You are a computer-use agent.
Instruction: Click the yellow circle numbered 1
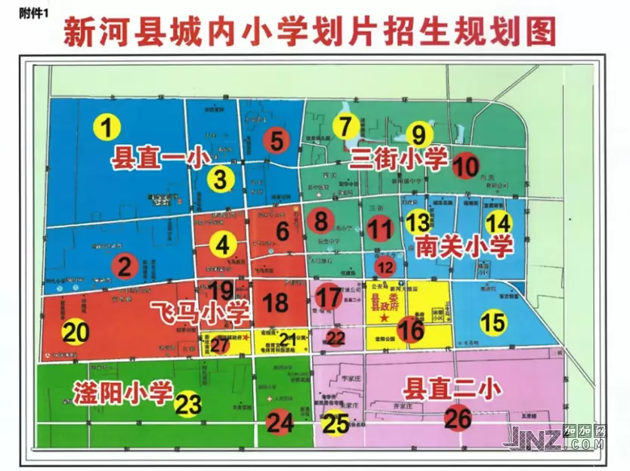pyautogui.click(x=107, y=127)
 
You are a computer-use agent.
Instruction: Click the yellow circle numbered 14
pyautogui.click(x=499, y=223)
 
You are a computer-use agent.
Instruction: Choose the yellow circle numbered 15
pyautogui.click(x=493, y=322)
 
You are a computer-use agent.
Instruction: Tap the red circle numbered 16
pyautogui.click(x=411, y=330)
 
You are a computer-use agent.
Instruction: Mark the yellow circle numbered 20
pyautogui.click(x=76, y=332)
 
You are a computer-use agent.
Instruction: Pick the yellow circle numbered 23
pyautogui.click(x=188, y=404)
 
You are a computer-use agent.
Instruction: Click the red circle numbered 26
pyautogui.click(x=458, y=417)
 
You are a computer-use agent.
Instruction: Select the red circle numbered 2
pyautogui.click(x=125, y=266)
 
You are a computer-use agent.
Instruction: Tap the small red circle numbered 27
pyautogui.click(x=220, y=345)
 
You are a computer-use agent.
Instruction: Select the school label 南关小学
pyautogui.click(x=464, y=245)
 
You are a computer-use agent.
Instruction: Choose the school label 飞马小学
pyautogui.click(x=200, y=310)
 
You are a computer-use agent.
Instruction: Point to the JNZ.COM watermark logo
pyautogui.click(x=558, y=439)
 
